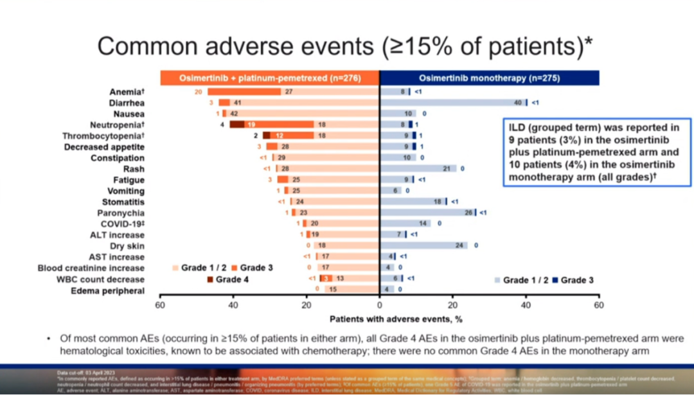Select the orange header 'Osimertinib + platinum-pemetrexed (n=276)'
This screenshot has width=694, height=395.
270,78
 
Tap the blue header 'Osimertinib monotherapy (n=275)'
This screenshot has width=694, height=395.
489,78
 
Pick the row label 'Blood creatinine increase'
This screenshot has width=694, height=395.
91,268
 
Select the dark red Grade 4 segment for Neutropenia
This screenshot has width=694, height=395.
237,125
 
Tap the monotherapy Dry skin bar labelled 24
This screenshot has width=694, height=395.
423,245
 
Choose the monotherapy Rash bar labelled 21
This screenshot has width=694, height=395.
418,169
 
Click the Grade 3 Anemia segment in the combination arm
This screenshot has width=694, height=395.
244,92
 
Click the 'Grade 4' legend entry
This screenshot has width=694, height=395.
228,279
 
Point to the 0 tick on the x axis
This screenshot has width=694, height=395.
379,305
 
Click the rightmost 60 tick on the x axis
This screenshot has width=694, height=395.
598,305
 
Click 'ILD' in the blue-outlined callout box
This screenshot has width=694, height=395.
519,127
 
